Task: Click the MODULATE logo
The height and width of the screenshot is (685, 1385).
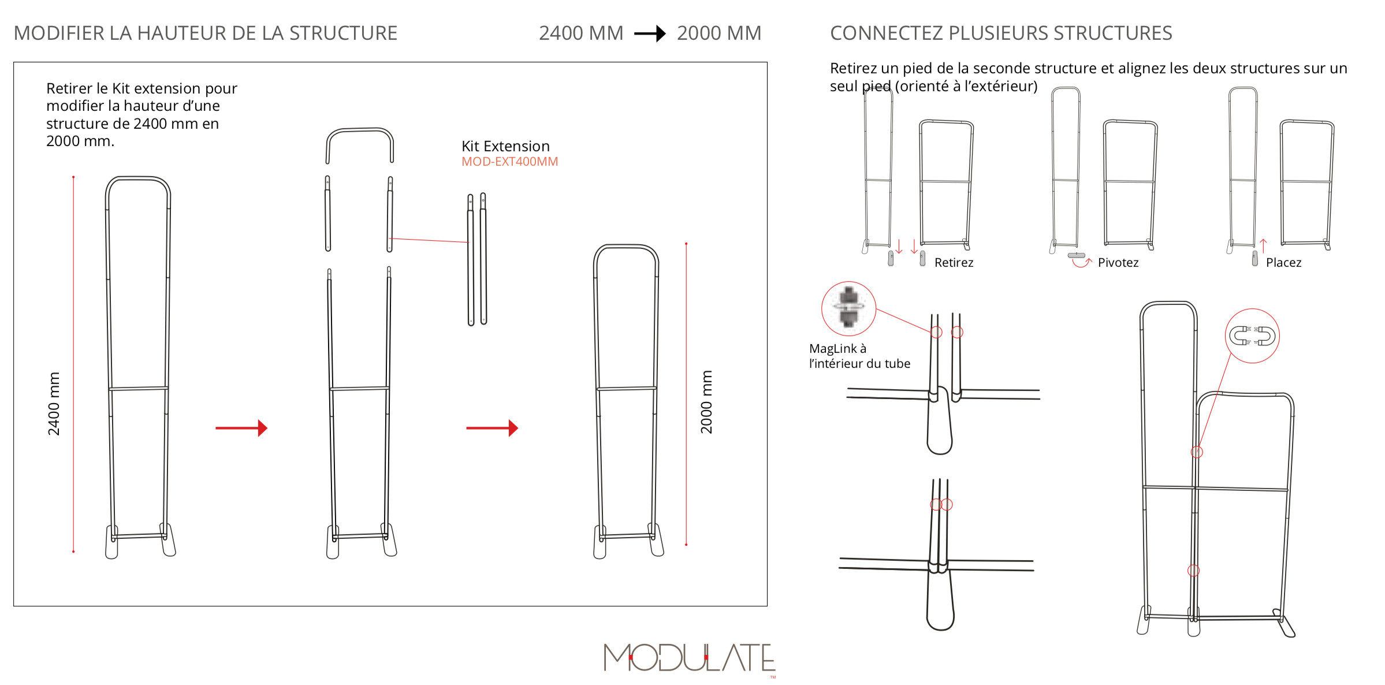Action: pyautogui.click(x=690, y=658)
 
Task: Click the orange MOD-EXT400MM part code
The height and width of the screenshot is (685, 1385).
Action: pyautogui.click(x=509, y=162)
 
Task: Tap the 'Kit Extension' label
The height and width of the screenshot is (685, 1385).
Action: pyautogui.click(x=505, y=146)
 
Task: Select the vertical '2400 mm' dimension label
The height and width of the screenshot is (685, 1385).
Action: pyautogui.click(x=54, y=403)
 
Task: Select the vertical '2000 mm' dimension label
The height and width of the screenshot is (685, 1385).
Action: pyautogui.click(x=706, y=402)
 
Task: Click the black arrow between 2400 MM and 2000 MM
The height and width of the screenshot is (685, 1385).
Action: pyautogui.click(x=650, y=33)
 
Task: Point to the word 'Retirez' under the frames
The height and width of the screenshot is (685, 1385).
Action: pyautogui.click(x=954, y=263)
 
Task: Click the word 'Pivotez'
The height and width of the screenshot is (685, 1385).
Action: pyautogui.click(x=1118, y=263)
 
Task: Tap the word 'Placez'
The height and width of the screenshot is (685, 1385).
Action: pyautogui.click(x=1283, y=263)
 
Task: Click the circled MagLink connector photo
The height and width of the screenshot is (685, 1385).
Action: pyautogui.click(x=848, y=308)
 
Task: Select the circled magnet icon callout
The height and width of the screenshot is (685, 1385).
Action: pyautogui.click(x=1252, y=336)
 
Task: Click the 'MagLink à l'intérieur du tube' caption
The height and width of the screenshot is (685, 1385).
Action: pyautogui.click(x=859, y=356)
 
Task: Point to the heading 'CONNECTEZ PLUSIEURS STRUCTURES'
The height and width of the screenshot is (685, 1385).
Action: pyautogui.click(x=1001, y=33)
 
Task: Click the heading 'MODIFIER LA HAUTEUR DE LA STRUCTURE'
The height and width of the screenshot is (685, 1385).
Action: pyautogui.click(x=206, y=33)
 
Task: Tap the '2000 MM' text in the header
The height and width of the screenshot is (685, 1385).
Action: pyautogui.click(x=719, y=33)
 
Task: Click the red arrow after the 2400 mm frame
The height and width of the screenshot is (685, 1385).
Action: pyautogui.click(x=241, y=428)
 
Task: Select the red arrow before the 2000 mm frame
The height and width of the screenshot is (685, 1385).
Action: pyautogui.click(x=492, y=428)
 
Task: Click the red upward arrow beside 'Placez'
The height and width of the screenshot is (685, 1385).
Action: pyautogui.click(x=1263, y=246)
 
